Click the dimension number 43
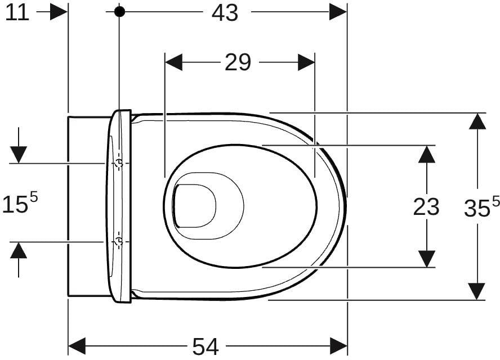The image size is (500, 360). [225, 13]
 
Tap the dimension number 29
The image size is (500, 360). [238, 62]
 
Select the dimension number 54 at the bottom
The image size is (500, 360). [206, 346]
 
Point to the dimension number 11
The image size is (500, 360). [17, 13]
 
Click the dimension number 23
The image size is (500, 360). [426, 206]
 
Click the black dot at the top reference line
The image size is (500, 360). [119, 12]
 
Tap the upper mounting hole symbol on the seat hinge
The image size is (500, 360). [119, 163]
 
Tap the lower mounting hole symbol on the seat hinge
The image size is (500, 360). [119, 242]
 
